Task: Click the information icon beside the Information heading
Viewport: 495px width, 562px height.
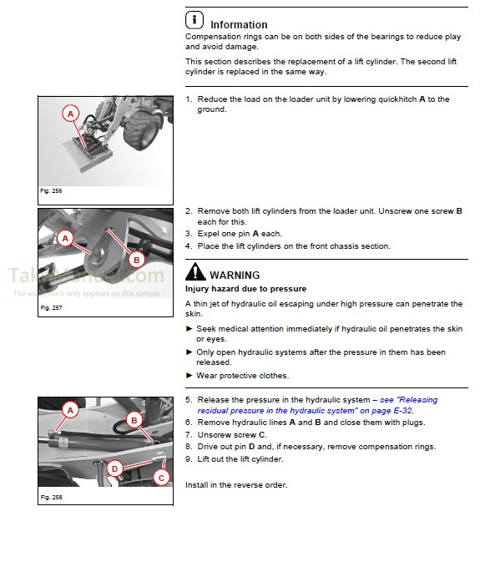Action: (x=194, y=20)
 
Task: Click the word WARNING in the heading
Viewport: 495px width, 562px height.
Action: (x=235, y=275)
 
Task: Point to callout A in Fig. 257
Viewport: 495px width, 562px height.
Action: (x=63, y=239)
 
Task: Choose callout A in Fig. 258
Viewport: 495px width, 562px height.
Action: (x=71, y=409)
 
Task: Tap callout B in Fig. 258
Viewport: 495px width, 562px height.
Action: (x=133, y=419)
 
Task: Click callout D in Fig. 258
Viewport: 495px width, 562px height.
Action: (x=115, y=468)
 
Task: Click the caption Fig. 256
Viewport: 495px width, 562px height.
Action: (x=51, y=191)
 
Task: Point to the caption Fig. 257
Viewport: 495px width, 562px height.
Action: (x=51, y=308)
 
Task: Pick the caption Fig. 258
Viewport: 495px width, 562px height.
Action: (x=51, y=498)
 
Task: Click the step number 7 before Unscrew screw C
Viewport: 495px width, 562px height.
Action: (x=188, y=435)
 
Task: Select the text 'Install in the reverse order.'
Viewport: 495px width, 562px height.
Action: (x=236, y=485)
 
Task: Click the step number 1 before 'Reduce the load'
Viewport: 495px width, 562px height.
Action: (x=188, y=99)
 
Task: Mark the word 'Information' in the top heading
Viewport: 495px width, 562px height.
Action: (x=239, y=24)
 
